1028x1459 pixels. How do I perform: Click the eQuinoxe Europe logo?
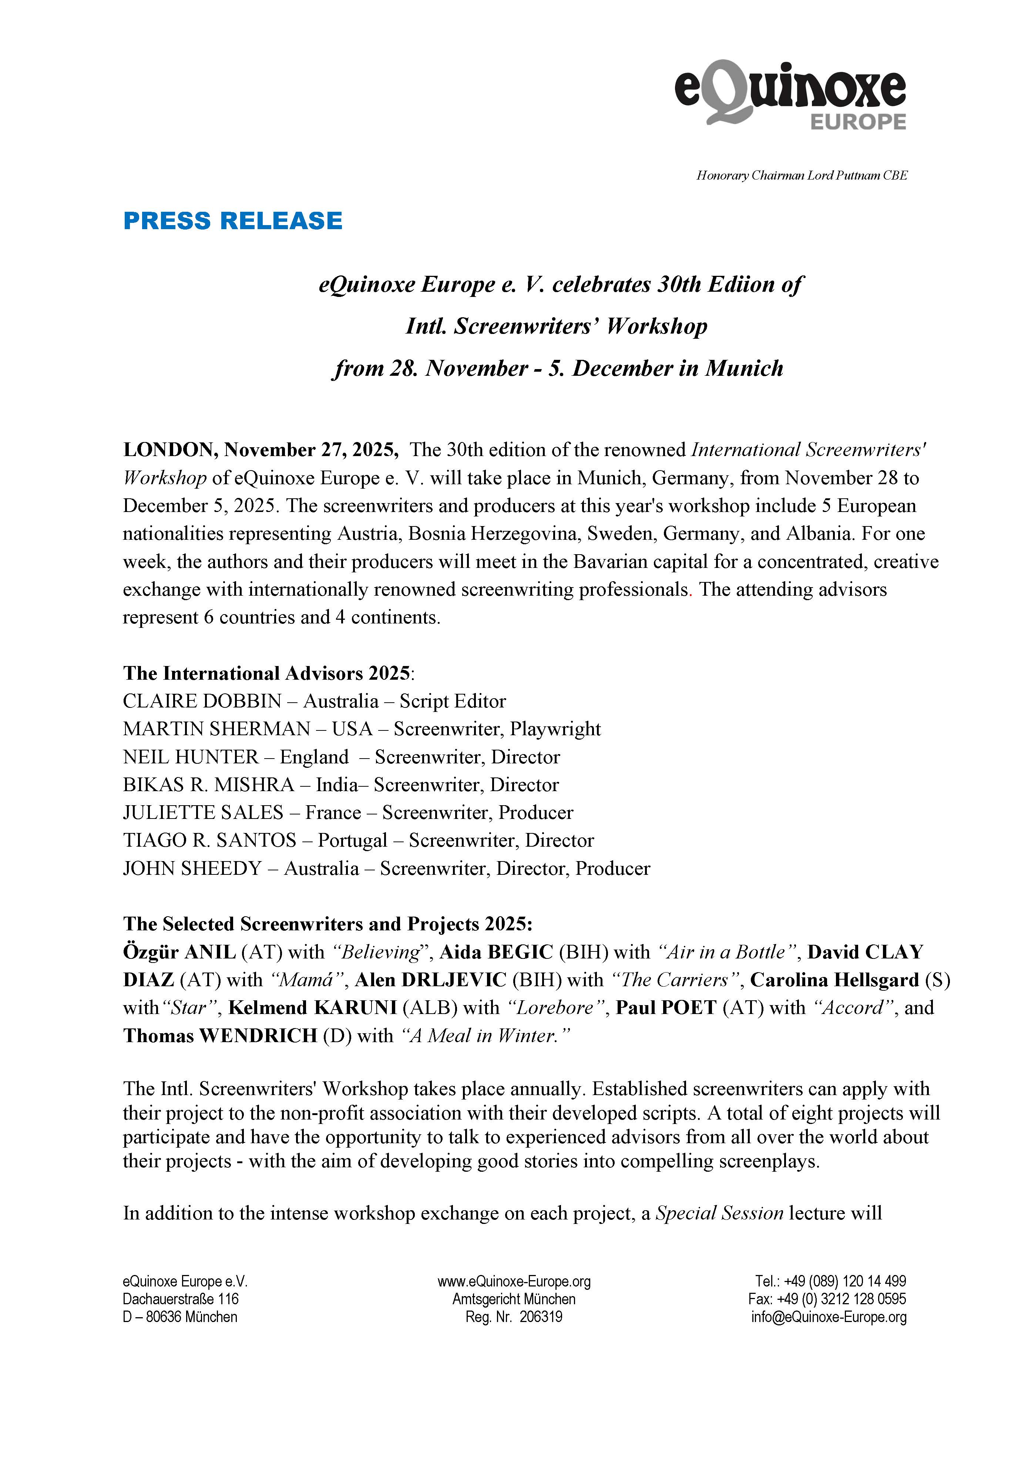(790, 95)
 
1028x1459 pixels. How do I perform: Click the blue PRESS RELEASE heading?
(232, 221)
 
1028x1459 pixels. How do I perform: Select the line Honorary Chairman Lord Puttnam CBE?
(802, 175)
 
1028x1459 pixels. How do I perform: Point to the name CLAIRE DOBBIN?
(202, 701)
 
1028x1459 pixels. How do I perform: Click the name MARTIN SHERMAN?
(216, 729)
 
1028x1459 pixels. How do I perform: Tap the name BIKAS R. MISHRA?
(208, 785)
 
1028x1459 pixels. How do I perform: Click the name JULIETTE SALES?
(203, 813)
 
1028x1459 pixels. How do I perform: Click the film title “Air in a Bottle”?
(729, 952)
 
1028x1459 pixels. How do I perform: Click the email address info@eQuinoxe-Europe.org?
(829, 1317)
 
